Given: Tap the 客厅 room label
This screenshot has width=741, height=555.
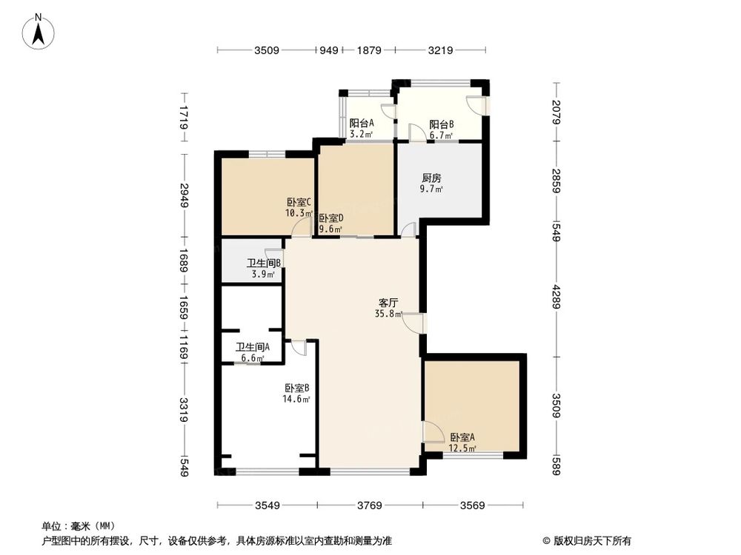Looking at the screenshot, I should click(x=389, y=303).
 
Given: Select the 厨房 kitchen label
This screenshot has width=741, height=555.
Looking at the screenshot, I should click(x=432, y=178).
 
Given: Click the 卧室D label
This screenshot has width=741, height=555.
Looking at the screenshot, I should click(x=330, y=218).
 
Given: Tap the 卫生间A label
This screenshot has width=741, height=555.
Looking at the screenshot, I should click(x=253, y=347).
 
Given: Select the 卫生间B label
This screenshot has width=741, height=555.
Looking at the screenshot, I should click(x=263, y=263).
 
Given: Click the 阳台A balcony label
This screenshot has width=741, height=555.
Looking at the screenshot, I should click(x=362, y=124).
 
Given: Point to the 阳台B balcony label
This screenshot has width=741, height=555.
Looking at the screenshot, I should click(x=442, y=125).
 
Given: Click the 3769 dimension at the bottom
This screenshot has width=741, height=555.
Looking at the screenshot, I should click(x=369, y=506).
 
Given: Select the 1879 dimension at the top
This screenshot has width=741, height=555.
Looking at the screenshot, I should click(x=368, y=51).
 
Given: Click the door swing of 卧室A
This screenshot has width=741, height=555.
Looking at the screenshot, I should click(x=431, y=431).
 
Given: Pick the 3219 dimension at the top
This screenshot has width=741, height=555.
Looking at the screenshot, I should click(x=441, y=51).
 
